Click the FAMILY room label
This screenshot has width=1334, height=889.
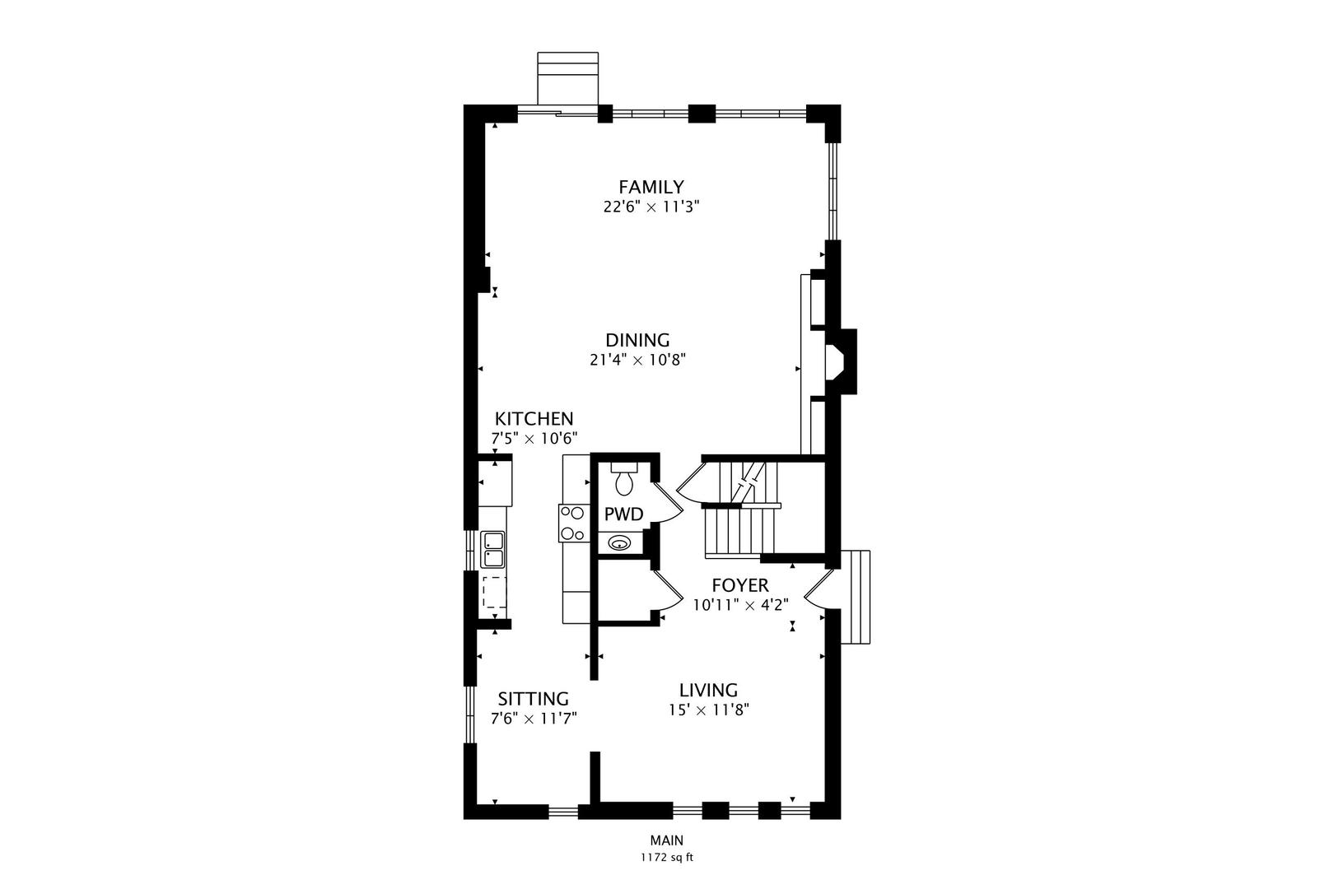651,187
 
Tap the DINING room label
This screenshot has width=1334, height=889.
637,340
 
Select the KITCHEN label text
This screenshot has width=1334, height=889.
534,419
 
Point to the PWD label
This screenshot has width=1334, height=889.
624,514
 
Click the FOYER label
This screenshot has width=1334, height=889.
740,585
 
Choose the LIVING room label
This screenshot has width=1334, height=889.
709,690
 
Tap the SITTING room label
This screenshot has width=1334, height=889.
534,699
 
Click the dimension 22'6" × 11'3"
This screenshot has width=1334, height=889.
651,207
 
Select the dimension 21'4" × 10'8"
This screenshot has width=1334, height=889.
638,360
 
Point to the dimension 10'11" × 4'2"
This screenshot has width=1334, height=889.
741,605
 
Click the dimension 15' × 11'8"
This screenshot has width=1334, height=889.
709,710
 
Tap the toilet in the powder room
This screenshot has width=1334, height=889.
623,479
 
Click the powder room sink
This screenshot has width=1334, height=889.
620,543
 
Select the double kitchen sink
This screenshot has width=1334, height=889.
492,549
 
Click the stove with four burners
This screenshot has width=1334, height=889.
573,523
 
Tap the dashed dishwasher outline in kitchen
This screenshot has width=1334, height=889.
494,592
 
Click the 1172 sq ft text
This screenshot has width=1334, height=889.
667,858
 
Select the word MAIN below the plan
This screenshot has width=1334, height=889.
667,840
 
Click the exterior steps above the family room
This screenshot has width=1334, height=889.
567,78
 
